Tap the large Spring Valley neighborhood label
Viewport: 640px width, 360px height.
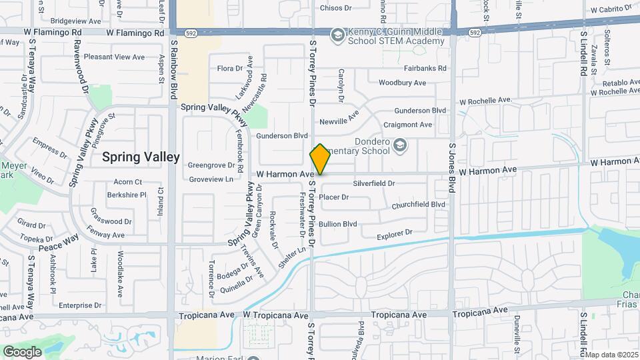[x=141, y=157]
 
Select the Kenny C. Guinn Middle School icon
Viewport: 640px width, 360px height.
[x=338, y=34]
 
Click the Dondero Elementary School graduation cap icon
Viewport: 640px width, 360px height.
[x=399, y=144]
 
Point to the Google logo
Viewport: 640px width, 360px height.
[x=22, y=352]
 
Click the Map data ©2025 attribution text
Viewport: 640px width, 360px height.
[x=611, y=354]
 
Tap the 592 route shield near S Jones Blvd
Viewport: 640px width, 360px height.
[x=475, y=32]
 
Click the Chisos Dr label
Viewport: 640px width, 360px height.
[x=335, y=8]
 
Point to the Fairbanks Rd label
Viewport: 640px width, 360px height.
[x=425, y=68]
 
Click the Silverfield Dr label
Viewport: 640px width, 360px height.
[x=374, y=183]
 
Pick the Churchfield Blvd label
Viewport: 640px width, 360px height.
[x=418, y=205]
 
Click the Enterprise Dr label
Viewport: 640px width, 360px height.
[x=80, y=305]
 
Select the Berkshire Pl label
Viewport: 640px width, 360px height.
[x=126, y=195]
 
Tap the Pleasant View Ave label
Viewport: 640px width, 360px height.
[x=114, y=57]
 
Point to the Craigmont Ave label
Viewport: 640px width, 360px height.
[x=408, y=125]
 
